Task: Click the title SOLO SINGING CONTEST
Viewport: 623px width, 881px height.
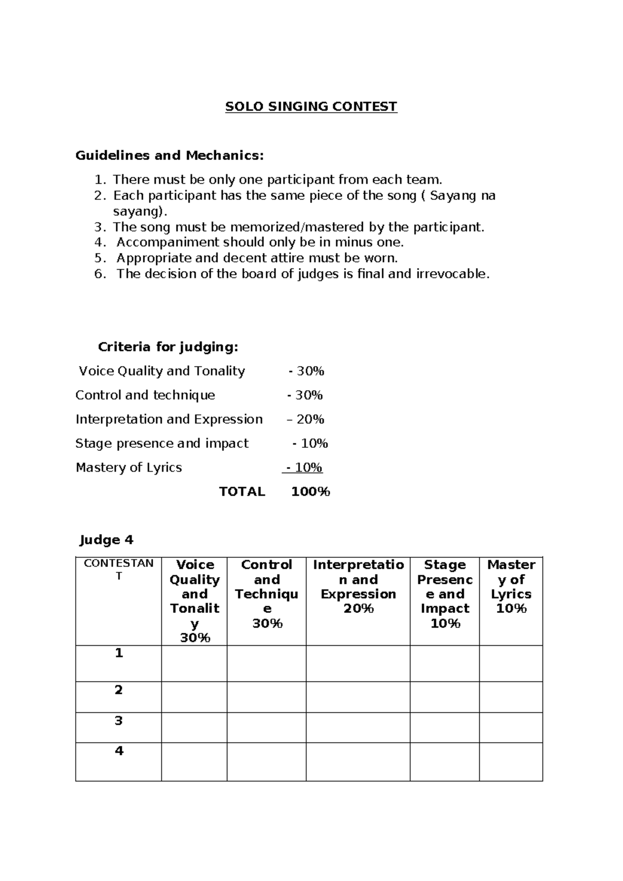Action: click(311, 107)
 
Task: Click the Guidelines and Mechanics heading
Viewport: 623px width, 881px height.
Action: click(170, 155)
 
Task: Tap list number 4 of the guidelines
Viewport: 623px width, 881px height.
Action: click(100, 243)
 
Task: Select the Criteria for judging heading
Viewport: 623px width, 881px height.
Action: click(168, 346)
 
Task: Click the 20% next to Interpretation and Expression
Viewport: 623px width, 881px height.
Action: click(310, 419)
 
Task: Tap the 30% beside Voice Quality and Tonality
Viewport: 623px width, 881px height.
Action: click(310, 371)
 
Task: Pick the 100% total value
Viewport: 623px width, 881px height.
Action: click(310, 491)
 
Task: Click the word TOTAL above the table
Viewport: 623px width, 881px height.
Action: click(242, 491)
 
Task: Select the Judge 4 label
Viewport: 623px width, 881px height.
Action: click(106, 540)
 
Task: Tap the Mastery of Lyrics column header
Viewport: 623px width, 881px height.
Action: click(511, 586)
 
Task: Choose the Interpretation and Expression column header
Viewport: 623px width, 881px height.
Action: click(358, 586)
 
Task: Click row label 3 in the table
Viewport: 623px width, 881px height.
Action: click(119, 720)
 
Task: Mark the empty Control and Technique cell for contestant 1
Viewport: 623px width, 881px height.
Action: click(266, 663)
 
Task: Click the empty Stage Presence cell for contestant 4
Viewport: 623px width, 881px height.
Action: click(444, 762)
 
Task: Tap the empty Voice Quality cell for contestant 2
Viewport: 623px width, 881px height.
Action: click(194, 697)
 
